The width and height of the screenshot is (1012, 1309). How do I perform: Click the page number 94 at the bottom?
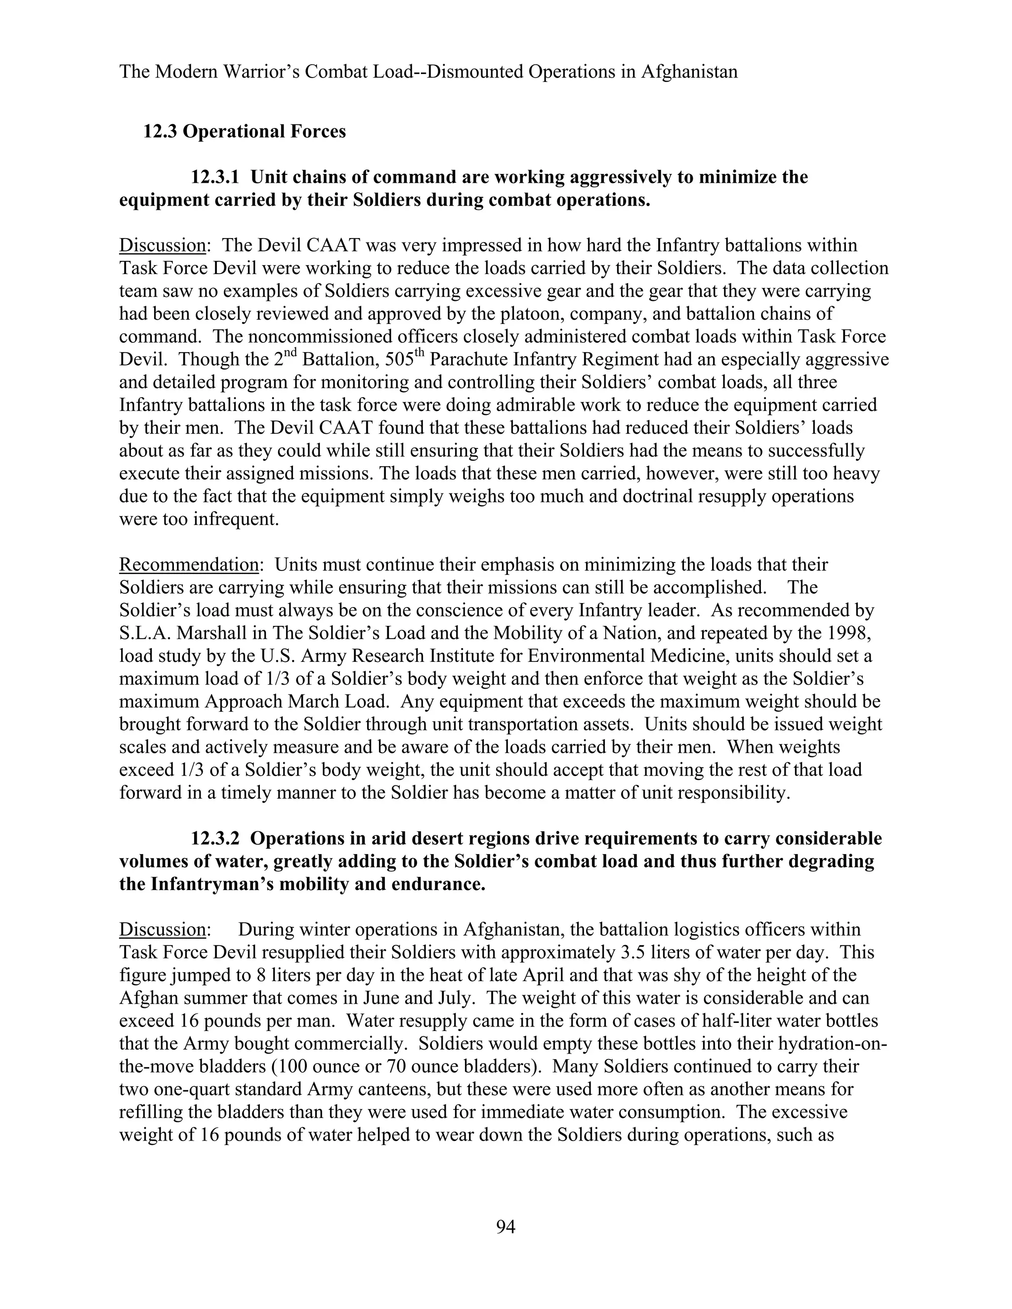point(506,1227)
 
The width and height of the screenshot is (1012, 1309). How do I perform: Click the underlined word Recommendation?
point(188,565)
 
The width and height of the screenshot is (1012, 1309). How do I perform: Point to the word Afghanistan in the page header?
point(689,72)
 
